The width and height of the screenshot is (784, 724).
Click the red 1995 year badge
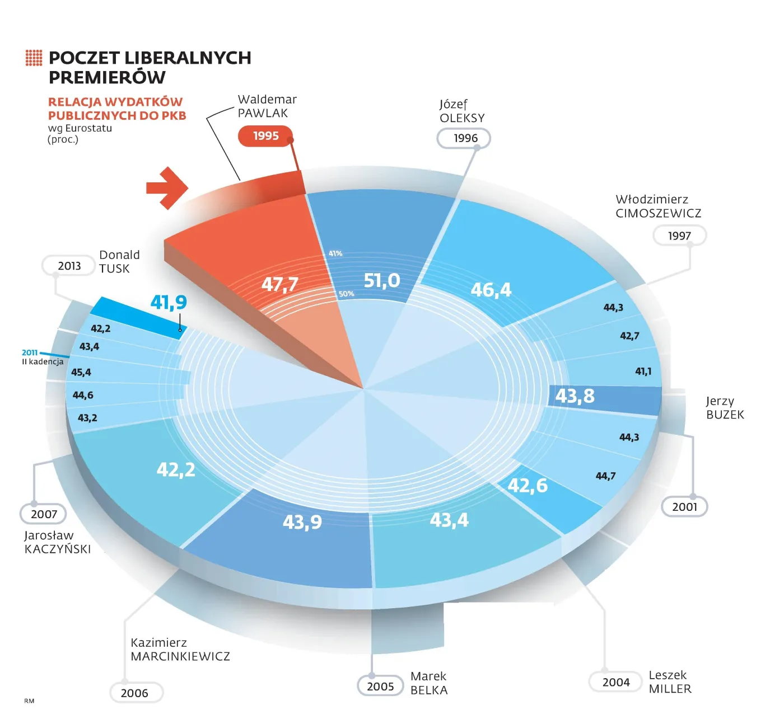pyautogui.click(x=265, y=136)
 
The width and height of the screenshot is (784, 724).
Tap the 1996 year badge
pyautogui.click(x=464, y=138)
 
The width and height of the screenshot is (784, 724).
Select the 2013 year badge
pyautogui.click(x=69, y=266)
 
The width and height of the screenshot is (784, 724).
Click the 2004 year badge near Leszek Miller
pyautogui.click(x=615, y=682)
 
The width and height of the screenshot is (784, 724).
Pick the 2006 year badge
pyautogui.click(x=134, y=693)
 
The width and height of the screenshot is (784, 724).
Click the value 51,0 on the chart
pyautogui.click(x=382, y=280)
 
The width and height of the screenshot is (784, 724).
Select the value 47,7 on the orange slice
pyautogui.click(x=280, y=284)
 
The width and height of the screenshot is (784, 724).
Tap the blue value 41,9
pyautogui.click(x=169, y=302)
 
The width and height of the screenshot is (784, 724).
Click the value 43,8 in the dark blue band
pyautogui.click(x=575, y=396)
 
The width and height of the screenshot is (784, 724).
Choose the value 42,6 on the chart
pyautogui.click(x=528, y=485)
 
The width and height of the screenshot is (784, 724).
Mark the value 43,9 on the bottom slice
pyautogui.click(x=302, y=522)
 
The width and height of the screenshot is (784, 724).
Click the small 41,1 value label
pyautogui.click(x=643, y=372)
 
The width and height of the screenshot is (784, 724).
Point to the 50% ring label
pyautogui.click(x=346, y=294)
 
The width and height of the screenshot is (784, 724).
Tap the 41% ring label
pyautogui.click(x=335, y=253)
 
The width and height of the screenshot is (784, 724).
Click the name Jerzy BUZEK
pyautogui.click(x=725, y=408)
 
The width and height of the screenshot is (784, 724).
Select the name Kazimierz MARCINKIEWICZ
pyautogui.click(x=180, y=650)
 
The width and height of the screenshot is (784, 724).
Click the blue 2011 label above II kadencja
pyautogui.click(x=30, y=352)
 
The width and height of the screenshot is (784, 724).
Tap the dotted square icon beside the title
pyautogui.click(x=34, y=58)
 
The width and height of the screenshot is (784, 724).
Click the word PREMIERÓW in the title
pyautogui.click(x=107, y=77)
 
